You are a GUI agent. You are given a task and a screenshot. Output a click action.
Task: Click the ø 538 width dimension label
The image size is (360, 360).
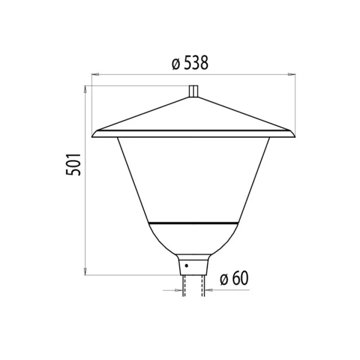(x=190, y=63)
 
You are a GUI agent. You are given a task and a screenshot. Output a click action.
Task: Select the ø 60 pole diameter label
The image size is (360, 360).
(x=234, y=278)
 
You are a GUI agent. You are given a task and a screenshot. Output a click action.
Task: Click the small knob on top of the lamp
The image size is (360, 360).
(x=193, y=91)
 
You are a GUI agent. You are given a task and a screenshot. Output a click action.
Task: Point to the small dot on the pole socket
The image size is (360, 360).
(x=187, y=265)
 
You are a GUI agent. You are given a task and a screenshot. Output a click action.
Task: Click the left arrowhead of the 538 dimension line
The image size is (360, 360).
(x=95, y=74)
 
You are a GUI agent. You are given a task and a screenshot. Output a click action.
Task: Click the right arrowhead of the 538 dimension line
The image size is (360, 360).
(x=292, y=74)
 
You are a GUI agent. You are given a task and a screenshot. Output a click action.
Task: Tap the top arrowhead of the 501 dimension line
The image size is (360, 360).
(x=85, y=89)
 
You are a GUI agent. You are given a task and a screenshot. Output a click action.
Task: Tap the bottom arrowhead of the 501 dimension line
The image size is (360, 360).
(x=85, y=271)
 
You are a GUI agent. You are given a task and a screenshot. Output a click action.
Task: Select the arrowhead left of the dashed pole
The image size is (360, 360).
(x=179, y=290)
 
